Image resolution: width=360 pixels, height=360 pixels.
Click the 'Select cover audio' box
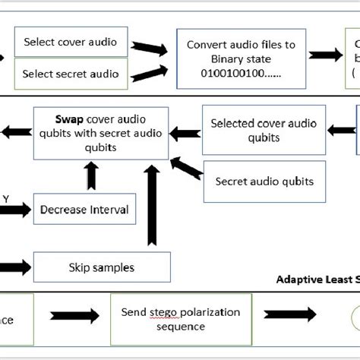71,42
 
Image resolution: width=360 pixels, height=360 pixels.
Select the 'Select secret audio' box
71,74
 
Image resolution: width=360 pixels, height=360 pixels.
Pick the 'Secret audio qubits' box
264,182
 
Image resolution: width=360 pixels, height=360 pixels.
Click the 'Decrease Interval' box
84,209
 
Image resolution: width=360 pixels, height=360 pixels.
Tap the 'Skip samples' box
101,267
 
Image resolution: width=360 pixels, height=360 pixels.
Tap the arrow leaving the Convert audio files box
325,55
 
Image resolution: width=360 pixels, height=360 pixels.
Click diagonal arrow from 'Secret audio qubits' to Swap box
186,168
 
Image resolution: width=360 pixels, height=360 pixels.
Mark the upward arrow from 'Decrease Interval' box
92,177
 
